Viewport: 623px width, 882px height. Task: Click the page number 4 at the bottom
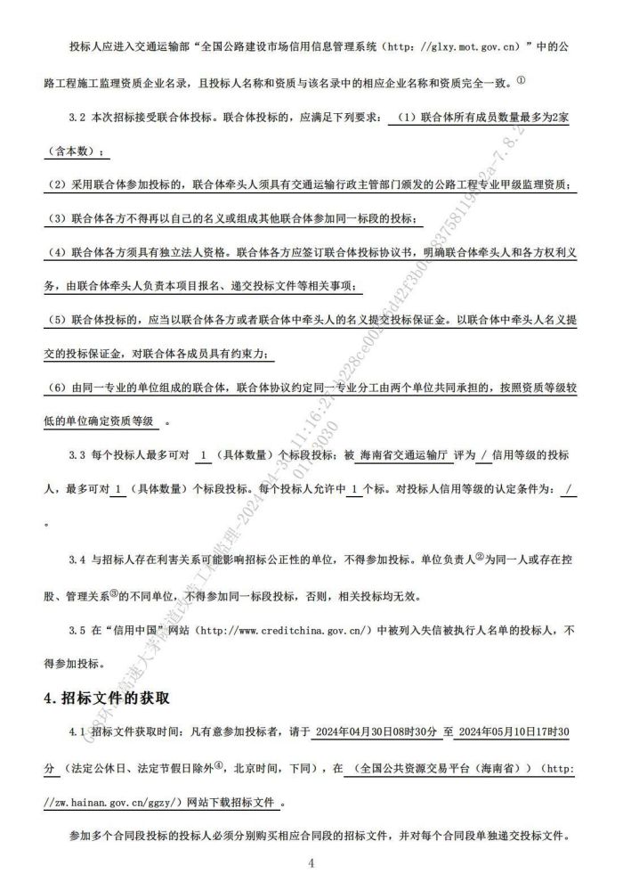pos(311,862)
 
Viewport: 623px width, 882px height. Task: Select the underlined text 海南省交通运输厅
pos(399,455)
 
